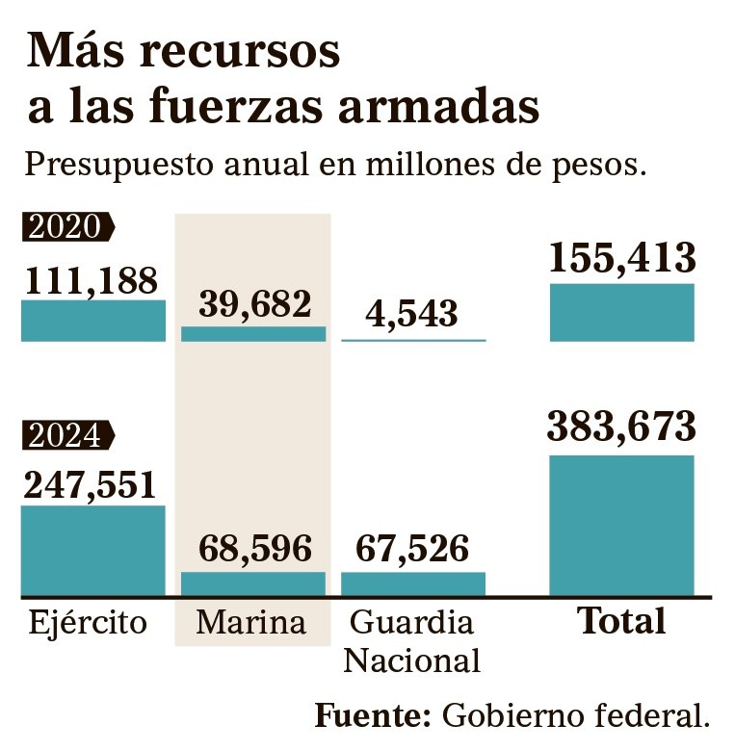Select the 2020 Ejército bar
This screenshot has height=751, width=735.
pyautogui.click(x=93, y=321)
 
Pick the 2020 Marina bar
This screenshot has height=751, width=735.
pyautogui.click(x=254, y=334)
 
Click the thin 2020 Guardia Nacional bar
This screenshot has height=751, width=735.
pyautogui.click(x=414, y=340)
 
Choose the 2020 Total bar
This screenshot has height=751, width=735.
pyautogui.click(x=622, y=312)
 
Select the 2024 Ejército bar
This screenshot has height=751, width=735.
pyautogui.click(x=93, y=551)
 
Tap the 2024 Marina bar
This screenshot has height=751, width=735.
pyautogui.click(x=254, y=583)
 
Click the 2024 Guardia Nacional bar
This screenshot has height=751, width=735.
pyautogui.click(x=414, y=583)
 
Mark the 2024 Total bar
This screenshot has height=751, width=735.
pyautogui.click(x=622, y=526)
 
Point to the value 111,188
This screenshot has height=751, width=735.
pyautogui.click(x=91, y=280)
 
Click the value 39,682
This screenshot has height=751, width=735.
pyautogui.click(x=255, y=304)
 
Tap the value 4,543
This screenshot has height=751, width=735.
pyautogui.click(x=413, y=314)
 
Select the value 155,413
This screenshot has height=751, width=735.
pyautogui.click(x=622, y=258)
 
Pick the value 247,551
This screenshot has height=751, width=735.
pyautogui.click(x=91, y=484)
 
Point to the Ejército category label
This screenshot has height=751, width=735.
pyautogui.click(x=88, y=623)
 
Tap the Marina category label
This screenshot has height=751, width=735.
pyautogui.click(x=251, y=622)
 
